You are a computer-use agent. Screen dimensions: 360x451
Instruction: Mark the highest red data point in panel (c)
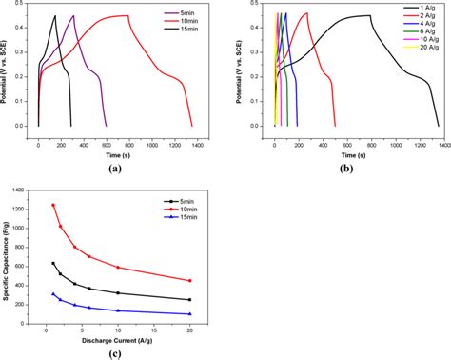click(53, 205)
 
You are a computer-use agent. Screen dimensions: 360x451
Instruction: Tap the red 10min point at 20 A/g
click(190, 280)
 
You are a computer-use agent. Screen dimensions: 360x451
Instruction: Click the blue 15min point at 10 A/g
click(118, 310)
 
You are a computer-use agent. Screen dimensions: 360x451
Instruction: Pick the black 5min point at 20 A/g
click(190, 300)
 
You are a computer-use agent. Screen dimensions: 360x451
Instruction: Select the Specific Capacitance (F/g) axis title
click(10, 256)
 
